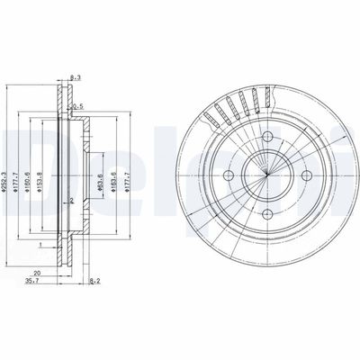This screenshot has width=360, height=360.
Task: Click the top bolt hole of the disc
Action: (268, 136)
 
